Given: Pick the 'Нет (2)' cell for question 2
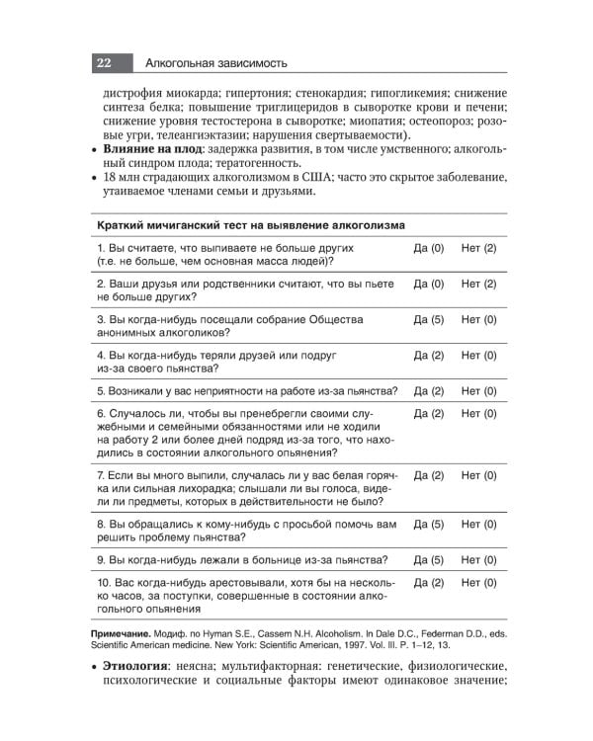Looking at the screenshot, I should point(478,284).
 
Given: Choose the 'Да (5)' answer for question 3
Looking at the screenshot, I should point(428,320).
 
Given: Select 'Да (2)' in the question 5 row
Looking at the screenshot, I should point(428,390).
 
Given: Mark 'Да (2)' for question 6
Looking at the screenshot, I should point(428,413).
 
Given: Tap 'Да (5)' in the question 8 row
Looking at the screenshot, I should point(428,524).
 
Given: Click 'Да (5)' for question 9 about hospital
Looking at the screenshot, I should point(428,559).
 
